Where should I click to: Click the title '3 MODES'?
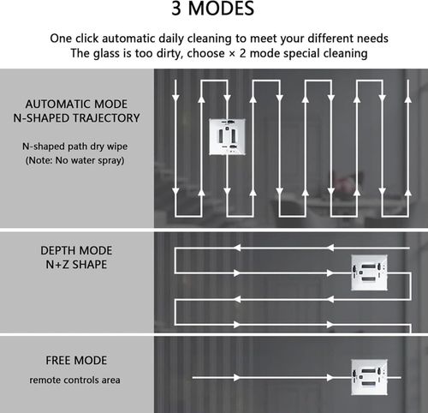tap(213, 9)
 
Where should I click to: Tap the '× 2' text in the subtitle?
tap(237, 53)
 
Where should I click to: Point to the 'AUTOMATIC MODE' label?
tap(76, 104)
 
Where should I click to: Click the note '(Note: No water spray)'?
tap(75, 160)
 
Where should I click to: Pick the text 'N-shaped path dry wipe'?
tap(75, 147)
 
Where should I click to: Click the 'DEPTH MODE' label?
tap(76, 250)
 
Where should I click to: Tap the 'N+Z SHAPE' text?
tap(76, 265)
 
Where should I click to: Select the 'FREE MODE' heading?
tap(76, 361)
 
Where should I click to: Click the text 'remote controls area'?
tap(74, 380)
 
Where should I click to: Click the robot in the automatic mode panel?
tap(227, 137)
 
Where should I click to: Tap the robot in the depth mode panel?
tap(369, 272)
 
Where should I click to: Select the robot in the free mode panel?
tap(369, 377)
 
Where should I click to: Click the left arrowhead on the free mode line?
tap(237, 378)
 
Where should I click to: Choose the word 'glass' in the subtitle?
tap(107, 54)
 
